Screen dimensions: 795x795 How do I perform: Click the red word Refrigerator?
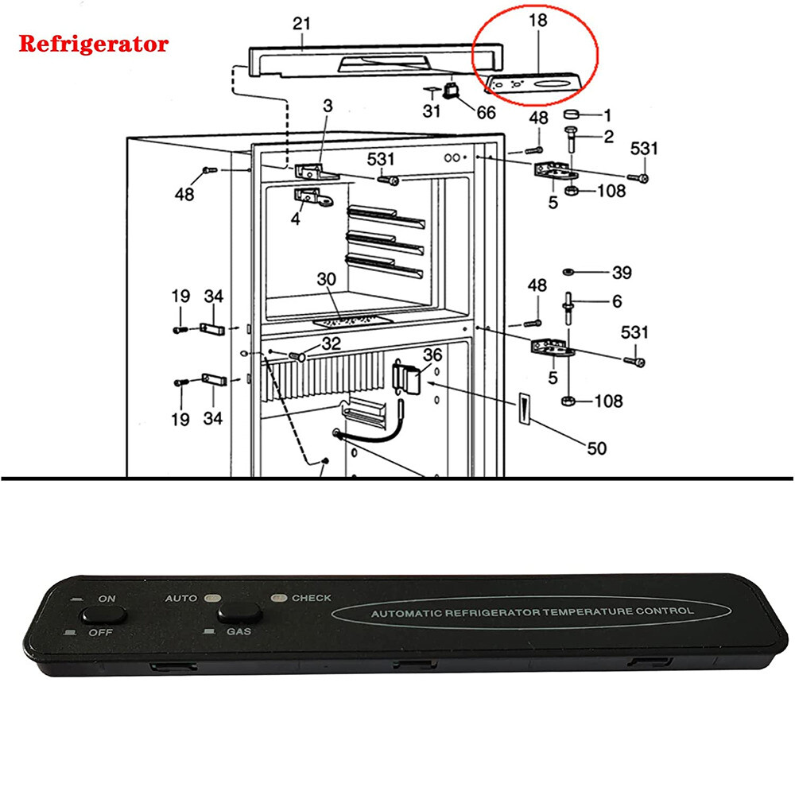[93, 44]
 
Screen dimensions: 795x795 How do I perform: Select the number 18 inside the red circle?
[538, 21]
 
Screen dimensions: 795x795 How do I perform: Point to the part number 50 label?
[596, 448]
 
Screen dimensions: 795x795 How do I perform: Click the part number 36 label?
[432, 355]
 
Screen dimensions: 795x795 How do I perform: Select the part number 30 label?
[327, 281]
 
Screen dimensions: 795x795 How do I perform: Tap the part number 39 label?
[621, 273]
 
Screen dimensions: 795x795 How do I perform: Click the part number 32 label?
[331, 344]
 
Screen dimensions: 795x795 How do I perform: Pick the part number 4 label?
[296, 217]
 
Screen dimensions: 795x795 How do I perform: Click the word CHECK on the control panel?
[312, 598]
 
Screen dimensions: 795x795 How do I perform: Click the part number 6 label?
[617, 301]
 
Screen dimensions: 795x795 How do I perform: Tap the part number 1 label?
[607, 114]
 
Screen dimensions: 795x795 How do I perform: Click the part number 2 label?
[608, 137]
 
